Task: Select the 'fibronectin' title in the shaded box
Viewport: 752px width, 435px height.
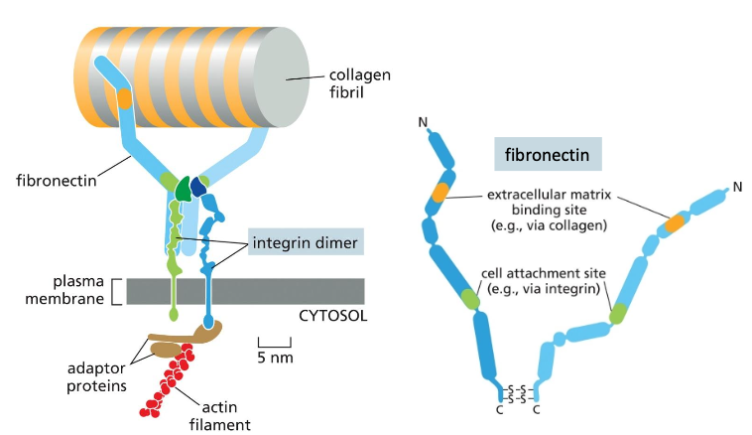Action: [544, 156]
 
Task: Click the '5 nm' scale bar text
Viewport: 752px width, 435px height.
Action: [275, 357]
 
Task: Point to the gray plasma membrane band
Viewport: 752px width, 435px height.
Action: [268, 291]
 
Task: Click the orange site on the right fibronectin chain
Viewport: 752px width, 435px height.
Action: [677, 223]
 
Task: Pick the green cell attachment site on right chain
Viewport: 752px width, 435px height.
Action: [619, 314]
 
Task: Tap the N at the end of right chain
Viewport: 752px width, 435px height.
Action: [736, 186]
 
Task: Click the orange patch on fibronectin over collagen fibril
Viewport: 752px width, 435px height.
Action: [124, 97]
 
